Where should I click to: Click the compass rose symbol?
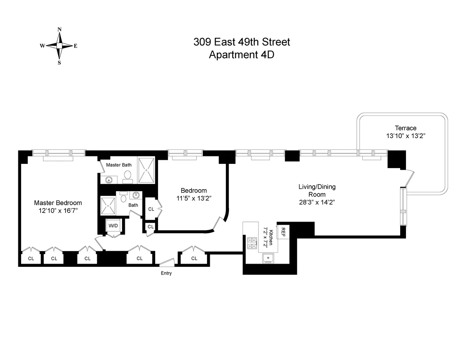[x=59, y=46]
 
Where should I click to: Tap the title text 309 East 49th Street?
[x=242, y=42]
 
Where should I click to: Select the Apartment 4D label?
[x=242, y=55]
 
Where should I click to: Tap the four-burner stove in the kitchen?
[x=252, y=243]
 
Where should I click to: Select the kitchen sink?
[x=268, y=258]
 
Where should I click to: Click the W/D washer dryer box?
[x=113, y=225]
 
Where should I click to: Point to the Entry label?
[x=166, y=273]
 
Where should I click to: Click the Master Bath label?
[x=119, y=165]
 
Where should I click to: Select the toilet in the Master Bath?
[x=128, y=178]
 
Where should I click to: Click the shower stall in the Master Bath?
[x=146, y=170]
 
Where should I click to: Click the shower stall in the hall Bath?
[x=108, y=206]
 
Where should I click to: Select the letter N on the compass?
[x=59, y=29]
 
